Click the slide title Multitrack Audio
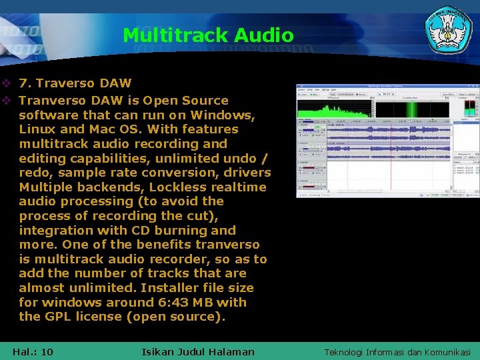[x=208, y=35]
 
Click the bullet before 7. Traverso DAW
[x=7, y=83]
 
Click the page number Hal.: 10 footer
[x=33, y=351]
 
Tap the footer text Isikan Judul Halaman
[x=198, y=351]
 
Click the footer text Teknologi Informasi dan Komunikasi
[x=397, y=352]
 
